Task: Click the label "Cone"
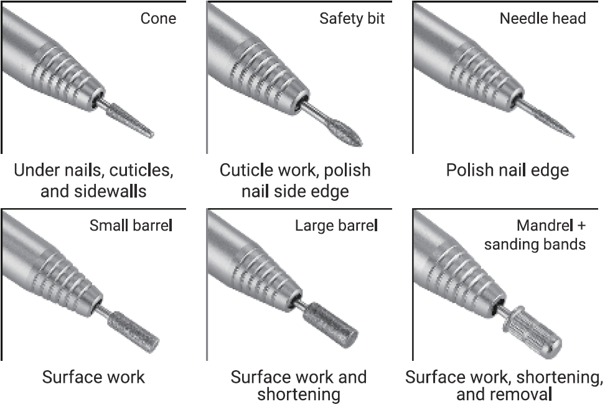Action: pyautogui.click(x=158, y=18)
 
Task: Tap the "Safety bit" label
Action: pyautogui.click(x=352, y=18)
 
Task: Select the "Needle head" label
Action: pyautogui.click(x=542, y=18)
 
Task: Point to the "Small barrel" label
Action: pyautogui.click(x=131, y=224)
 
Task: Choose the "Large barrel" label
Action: pyautogui.click(x=336, y=224)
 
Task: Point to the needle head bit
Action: pyautogui.click(x=551, y=122)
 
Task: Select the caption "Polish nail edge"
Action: pyautogui.click(x=507, y=170)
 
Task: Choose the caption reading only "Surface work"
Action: pyautogui.click(x=93, y=377)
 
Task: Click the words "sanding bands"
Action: pyautogui.click(x=535, y=243)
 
